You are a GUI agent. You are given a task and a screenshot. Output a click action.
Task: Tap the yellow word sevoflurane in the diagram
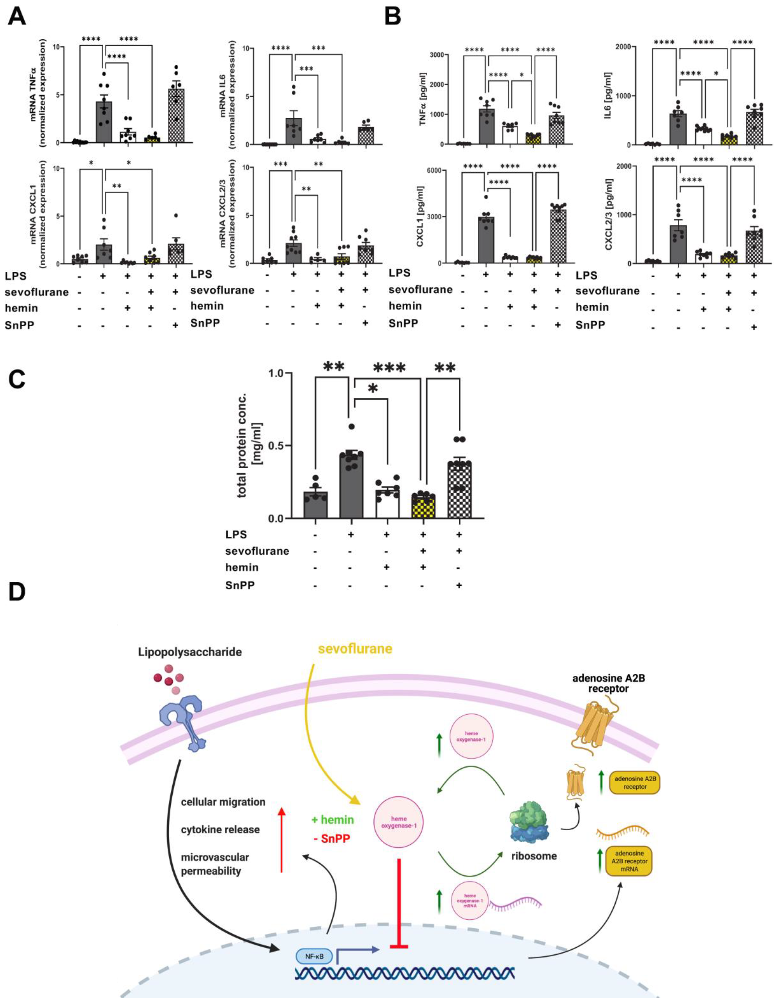click(x=355, y=648)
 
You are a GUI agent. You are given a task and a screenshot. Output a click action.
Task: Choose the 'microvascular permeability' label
click(x=215, y=864)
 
